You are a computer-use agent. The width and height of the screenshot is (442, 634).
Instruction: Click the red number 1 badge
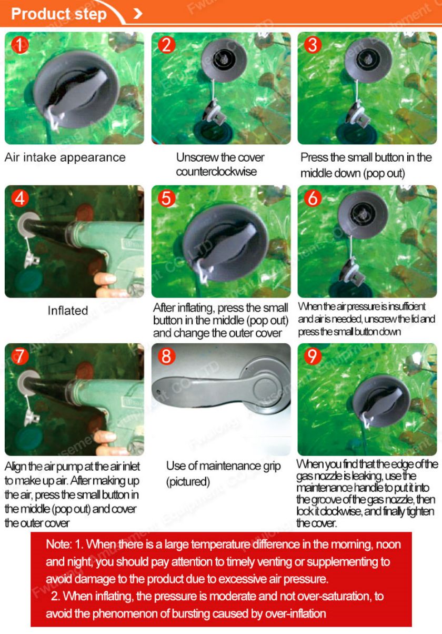click(x=20, y=45)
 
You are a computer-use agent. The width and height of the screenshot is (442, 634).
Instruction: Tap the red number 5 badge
click(x=167, y=198)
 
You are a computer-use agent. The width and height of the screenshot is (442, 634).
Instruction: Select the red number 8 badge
click(x=167, y=356)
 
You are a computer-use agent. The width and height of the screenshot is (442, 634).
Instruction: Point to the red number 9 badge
click(x=313, y=356)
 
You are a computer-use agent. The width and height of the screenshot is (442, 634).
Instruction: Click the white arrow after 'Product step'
click(x=138, y=13)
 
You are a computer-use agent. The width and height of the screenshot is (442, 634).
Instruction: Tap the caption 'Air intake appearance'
click(x=65, y=157)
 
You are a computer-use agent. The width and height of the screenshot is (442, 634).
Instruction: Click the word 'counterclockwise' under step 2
click(x=216, y=172)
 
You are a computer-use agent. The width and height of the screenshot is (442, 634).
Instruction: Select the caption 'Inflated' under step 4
click(x=68, y=311)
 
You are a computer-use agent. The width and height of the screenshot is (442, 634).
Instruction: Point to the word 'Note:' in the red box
click(x=59, y=544)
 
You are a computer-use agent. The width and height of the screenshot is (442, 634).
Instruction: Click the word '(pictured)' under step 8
click(x=188, y=481)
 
